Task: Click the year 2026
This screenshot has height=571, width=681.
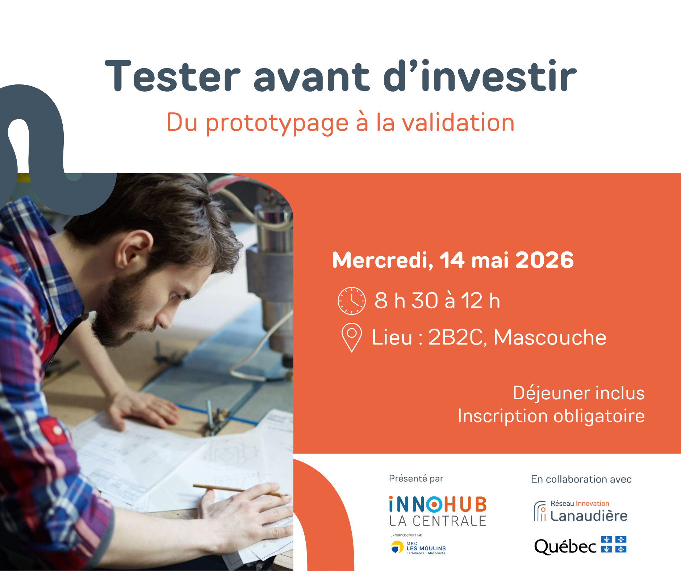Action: click(544, 260)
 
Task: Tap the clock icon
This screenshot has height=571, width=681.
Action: click(351, 301)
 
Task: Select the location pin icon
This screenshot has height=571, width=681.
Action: click(351, 337)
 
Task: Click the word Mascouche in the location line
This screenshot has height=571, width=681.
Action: click(550, 337)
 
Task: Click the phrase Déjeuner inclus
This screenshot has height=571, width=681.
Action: click(578, 393)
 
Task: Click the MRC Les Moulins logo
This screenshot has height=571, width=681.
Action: click(418, 547)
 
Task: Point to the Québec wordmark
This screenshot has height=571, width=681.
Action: click(565, 547)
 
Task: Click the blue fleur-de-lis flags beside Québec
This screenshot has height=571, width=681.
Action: click(614, 544)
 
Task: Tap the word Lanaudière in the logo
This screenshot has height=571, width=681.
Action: click(589, 516)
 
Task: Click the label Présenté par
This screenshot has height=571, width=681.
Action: click(416, 479)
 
